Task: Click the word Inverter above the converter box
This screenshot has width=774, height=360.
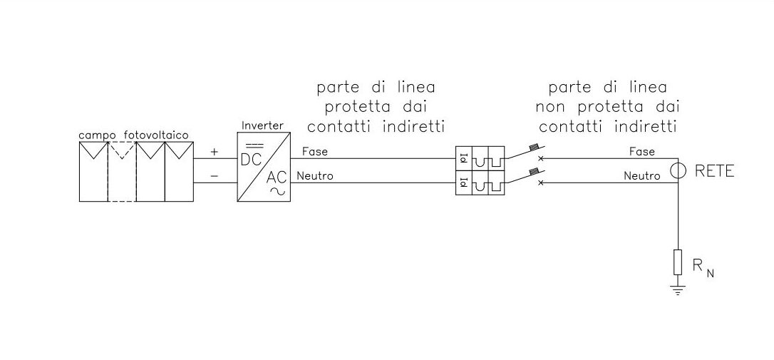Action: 262,125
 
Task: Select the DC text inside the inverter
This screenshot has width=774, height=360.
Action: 252,160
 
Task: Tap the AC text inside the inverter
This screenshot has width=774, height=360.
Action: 277,178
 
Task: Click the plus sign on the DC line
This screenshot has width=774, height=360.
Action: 214,153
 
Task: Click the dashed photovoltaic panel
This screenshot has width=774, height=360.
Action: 121,172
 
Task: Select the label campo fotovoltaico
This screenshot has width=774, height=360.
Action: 134,135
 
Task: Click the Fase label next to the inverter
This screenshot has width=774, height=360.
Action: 314,152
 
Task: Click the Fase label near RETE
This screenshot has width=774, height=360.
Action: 643,152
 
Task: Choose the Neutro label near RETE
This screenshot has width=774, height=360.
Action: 641,175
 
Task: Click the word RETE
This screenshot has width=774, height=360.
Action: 713,172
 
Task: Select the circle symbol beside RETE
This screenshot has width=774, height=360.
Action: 678,171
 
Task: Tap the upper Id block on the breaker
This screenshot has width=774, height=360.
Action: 462,158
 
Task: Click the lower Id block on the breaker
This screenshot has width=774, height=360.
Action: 462,183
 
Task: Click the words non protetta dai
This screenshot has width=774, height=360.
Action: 607,108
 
